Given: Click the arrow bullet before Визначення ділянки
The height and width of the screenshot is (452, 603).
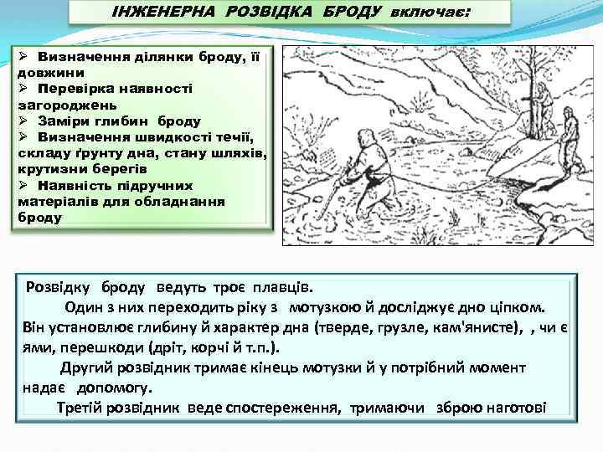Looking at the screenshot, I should [23, 59].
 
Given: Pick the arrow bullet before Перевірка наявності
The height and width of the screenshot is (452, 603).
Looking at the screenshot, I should [23, 89].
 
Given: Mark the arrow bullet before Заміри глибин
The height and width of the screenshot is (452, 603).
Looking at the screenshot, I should [23, 121].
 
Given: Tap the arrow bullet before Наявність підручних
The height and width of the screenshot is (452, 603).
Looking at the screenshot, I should [23, 184].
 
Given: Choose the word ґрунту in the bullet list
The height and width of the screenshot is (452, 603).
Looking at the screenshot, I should [89, 152].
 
